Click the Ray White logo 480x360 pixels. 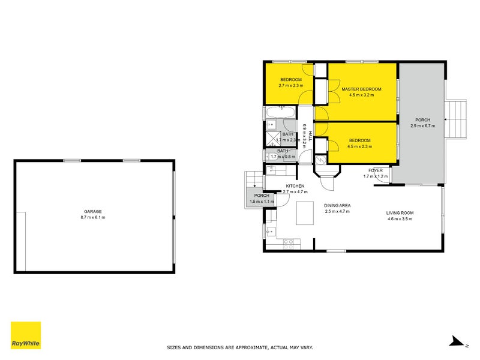(x=26, y=335)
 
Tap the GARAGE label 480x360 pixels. (x=93, y=211)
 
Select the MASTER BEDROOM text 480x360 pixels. (x=361, y=89)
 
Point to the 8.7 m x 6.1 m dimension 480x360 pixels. (x=93, y=217)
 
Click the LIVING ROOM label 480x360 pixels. (x=400, y=213)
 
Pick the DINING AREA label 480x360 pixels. (x=338, y=205)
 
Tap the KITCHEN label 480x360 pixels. (x=295, y=185)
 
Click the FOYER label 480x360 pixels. (x=376, y=171)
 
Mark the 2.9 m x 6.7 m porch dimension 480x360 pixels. (x=423, y=126)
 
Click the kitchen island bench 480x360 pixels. (x=305, y=212)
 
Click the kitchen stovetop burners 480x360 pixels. (x=289, y=243)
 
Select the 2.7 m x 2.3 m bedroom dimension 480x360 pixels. (x=291, y=86)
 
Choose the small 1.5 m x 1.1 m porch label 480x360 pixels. (x=262, y=196)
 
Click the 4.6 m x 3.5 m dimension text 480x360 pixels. (x=400, y=219)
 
